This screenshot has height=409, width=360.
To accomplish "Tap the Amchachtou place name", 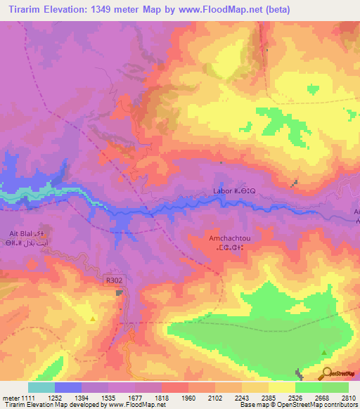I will coord(229,238).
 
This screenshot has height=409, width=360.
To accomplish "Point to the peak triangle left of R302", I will coord(93,318).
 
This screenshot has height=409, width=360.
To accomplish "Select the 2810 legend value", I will coord(349,398).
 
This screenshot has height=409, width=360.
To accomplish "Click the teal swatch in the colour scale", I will coord(41,387).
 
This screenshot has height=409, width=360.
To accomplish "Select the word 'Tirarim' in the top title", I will coord(22,10).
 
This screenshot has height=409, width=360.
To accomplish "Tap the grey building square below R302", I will coord(120,294).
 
